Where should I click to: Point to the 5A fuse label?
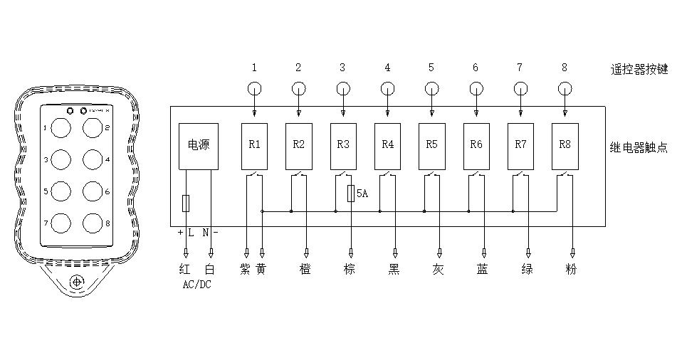(362, 194)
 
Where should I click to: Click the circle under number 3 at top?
(343, 90)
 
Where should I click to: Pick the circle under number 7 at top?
(520, 90)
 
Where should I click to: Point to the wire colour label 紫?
(246, 270)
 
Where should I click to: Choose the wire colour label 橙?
(307, 270)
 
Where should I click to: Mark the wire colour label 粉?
(572, 270)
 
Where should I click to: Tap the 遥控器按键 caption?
(639, 69)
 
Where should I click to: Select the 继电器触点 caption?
(639, 147)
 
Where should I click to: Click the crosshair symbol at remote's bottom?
(76, 282)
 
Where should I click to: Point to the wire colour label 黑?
(394, 270)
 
